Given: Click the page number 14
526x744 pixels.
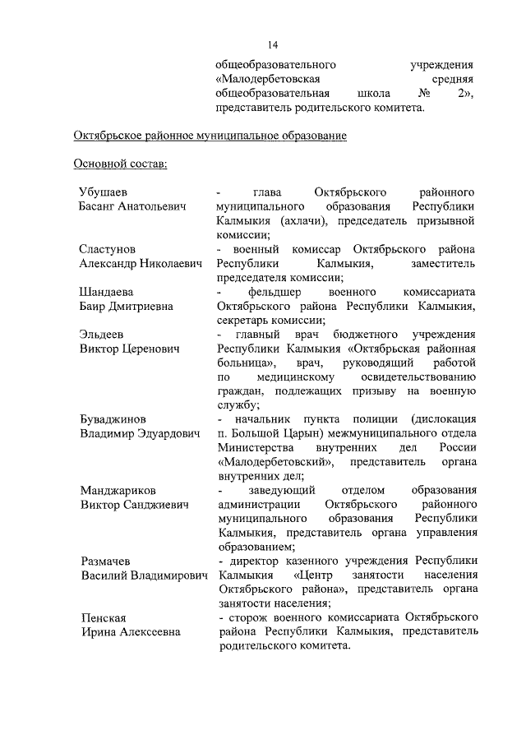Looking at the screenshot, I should click(274, 44).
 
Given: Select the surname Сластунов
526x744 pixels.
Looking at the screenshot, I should click(108, 248).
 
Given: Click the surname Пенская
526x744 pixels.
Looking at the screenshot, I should click(102, 617).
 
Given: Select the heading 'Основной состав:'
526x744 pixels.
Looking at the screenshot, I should click(120, 164).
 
